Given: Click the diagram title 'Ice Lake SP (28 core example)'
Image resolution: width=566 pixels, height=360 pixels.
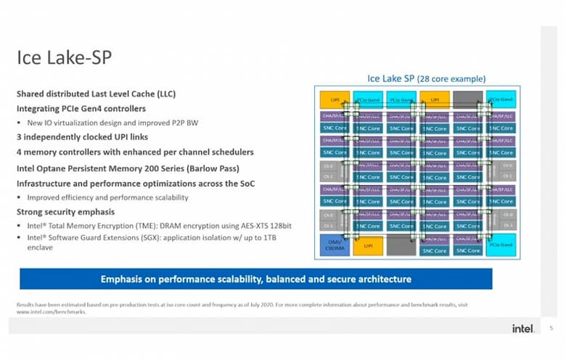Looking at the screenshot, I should coord(426,78).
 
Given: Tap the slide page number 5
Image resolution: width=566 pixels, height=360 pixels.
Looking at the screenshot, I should coord(551,328).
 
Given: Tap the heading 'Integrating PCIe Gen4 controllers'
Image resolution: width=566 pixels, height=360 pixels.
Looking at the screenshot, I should coord(81,108).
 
